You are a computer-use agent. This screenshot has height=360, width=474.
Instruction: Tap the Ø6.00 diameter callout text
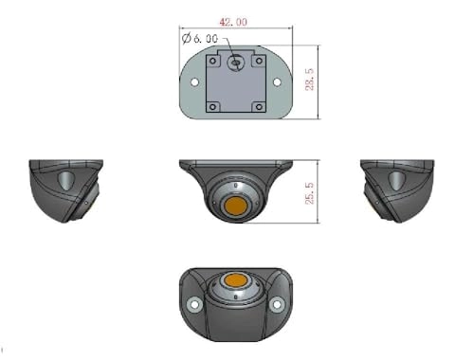(199, 39)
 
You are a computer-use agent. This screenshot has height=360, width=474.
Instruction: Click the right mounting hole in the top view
(277, 82)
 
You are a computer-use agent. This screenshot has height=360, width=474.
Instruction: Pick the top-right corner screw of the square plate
(258, 62)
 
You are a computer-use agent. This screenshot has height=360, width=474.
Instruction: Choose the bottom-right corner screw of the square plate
(258, 105)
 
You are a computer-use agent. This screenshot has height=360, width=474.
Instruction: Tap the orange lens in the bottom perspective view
(235, 282)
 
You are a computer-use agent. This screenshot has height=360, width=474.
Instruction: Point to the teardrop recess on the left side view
(64, 180)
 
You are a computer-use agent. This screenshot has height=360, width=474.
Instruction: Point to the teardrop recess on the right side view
(394, 180)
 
